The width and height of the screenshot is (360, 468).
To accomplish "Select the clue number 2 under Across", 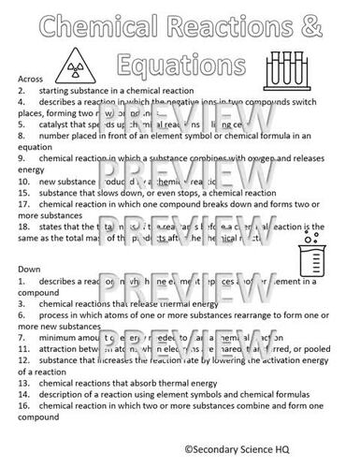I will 22,91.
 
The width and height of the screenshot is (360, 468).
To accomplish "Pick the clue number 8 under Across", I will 22,136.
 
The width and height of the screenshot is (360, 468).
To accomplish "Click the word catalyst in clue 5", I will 58,124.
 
